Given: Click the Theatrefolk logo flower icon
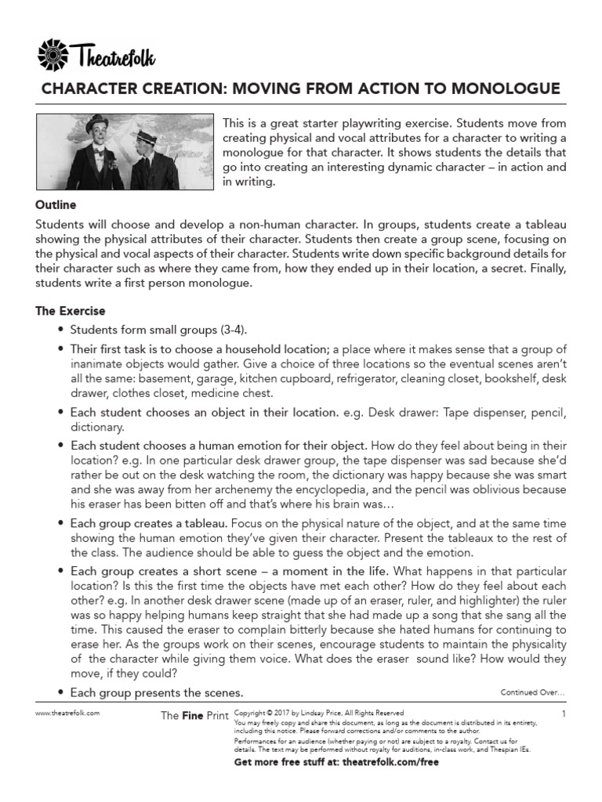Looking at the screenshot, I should pos(54,56).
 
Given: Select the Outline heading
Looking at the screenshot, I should pos(56,205).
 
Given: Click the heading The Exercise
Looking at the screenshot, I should pos(70,311).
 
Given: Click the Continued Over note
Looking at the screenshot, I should pos(533,692).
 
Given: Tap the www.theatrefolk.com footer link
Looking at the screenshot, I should pos(67,714).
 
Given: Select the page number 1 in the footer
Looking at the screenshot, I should pos(564,714).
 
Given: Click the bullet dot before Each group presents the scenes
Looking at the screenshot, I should pos(61,693).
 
